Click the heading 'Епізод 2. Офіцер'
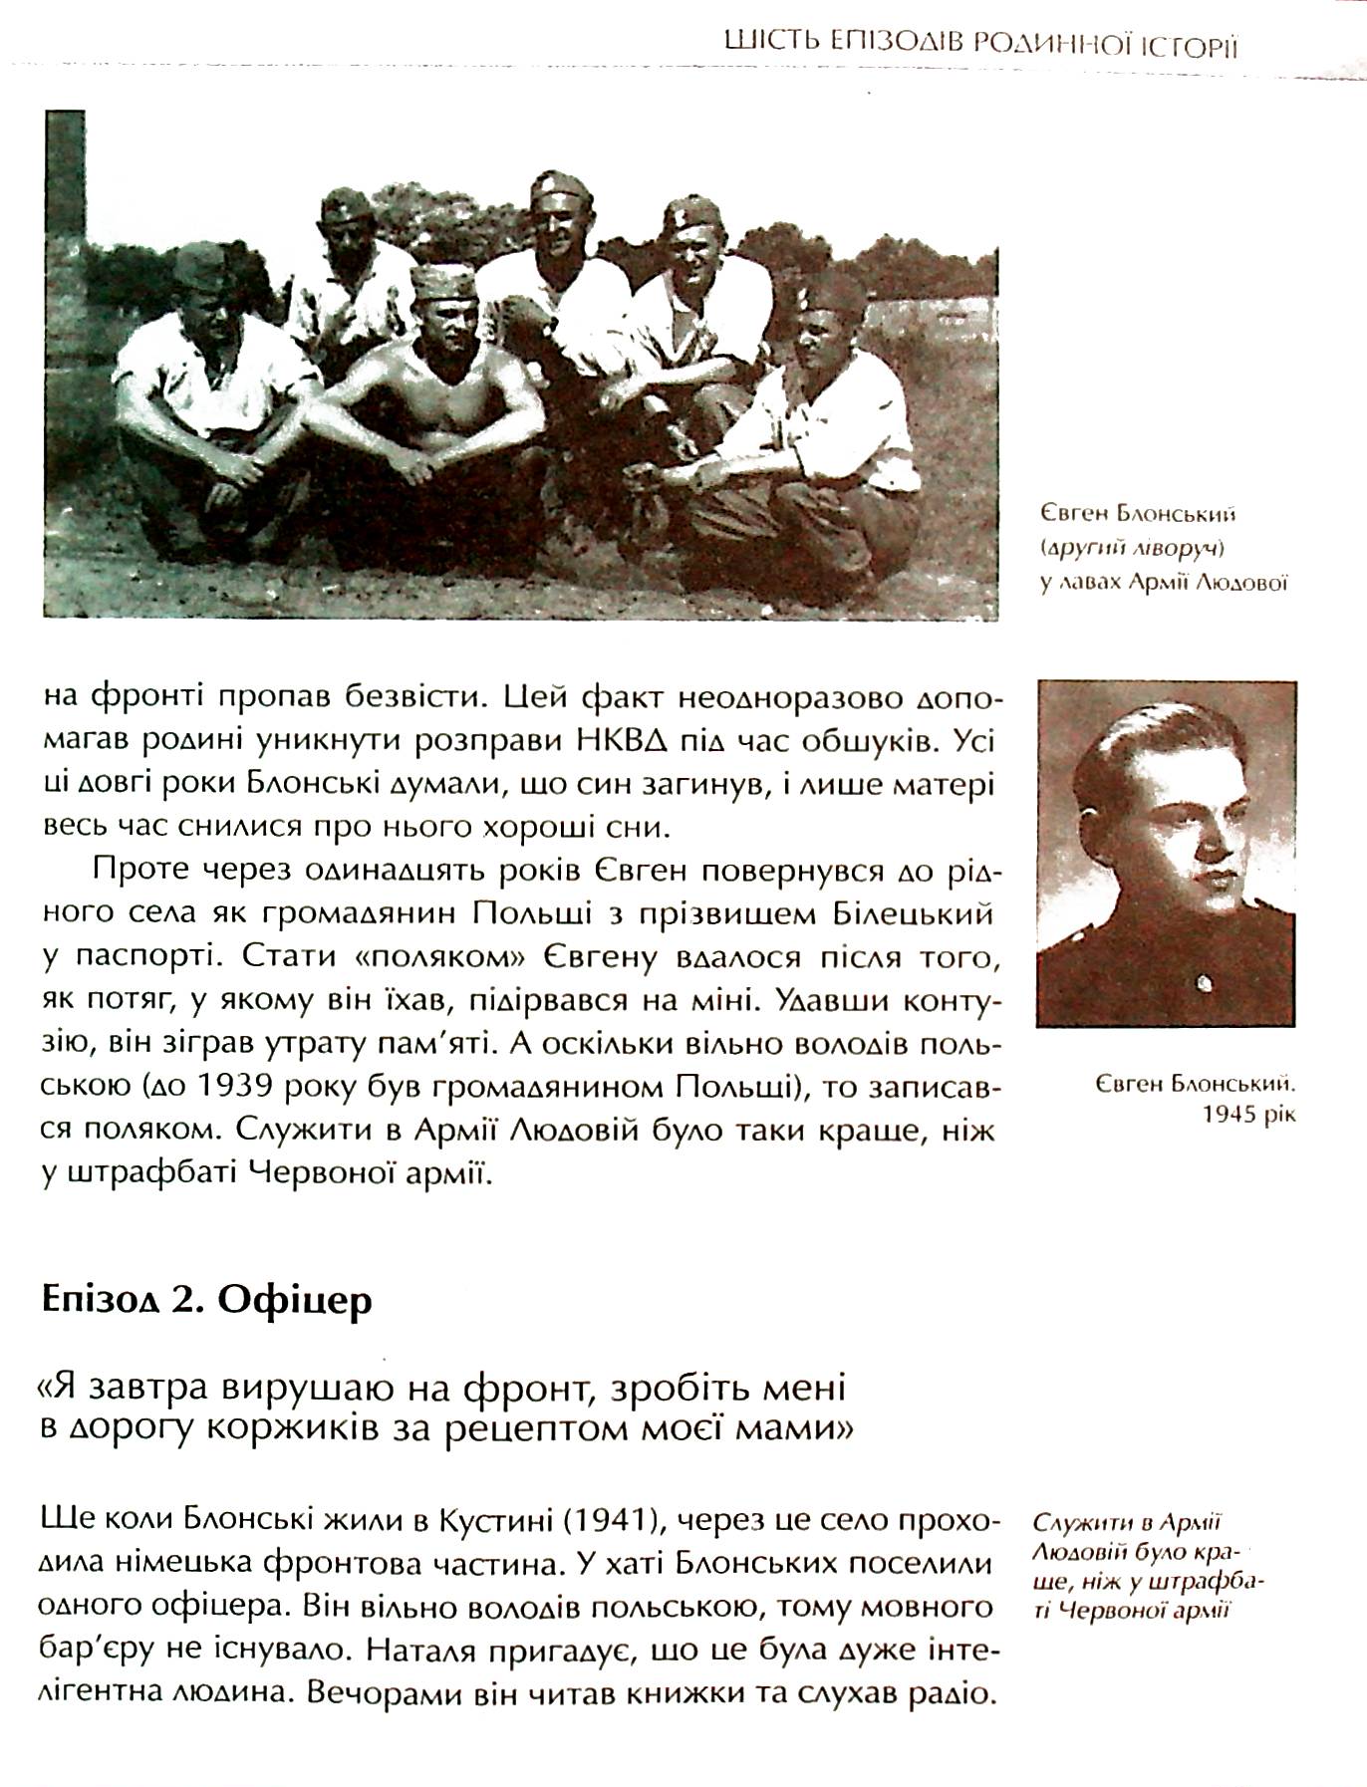(x=207, y=1299)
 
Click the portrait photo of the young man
(x=1166, y=854)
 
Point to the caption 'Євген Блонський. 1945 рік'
(x=1195, y=1097)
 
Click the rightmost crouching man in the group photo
(x=827, y=418)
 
